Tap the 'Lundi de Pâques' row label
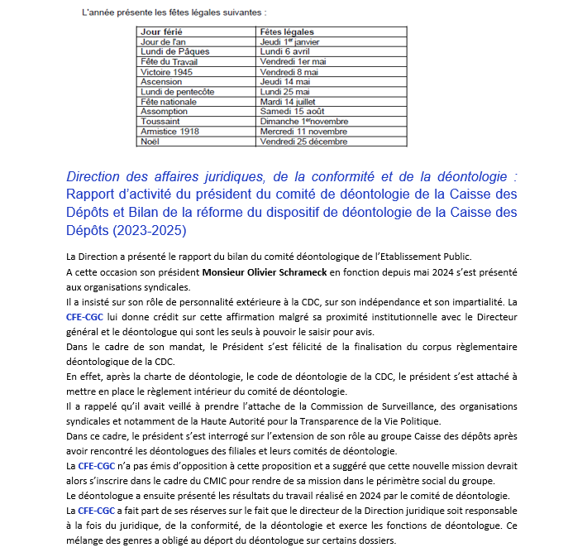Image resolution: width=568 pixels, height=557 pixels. click(x=174, y=51)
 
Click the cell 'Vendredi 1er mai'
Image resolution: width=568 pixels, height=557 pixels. click(x=293, y=61)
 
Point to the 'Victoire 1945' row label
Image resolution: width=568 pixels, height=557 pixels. click(x=167, y=72)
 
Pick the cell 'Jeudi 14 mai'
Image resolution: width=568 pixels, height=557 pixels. click(x=284, y=82)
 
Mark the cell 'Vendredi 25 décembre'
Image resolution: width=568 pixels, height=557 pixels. click(x=303, y=142)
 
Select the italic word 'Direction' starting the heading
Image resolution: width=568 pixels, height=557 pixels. click(x=98, y=177)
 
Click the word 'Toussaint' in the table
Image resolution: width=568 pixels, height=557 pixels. click(x=161, y=122)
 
